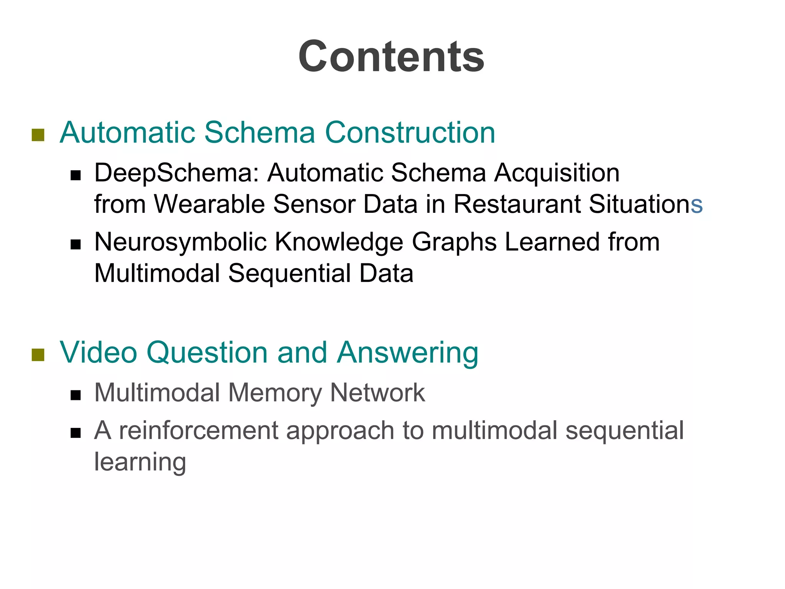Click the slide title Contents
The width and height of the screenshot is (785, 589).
tap(391, 57)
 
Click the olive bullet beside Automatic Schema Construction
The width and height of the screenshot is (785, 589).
tap(38, 135)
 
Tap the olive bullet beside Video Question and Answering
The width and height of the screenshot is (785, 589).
tap(38, 355)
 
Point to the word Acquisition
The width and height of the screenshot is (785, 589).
tap(557, 173)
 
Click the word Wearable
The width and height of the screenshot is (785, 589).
tap(209, 204)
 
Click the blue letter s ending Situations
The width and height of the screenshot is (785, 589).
tap(696, 205)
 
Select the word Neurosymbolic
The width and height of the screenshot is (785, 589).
tap(181, 242)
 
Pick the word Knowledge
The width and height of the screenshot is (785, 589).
tap(339, 242)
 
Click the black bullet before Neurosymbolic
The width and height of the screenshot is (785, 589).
tap(76, 245)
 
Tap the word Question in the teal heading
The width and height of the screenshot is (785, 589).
tap(207, 352)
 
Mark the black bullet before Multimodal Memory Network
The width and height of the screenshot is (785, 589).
tap(76, 395)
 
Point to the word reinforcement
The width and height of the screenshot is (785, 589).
tap(199, 430)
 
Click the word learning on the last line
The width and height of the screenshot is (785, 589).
tap(140, 462)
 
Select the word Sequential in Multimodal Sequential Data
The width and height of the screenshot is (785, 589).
tap(289, 273)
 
